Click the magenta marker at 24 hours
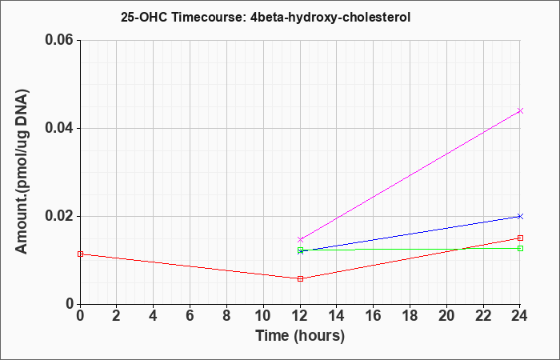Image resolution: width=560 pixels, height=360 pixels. point(520,110)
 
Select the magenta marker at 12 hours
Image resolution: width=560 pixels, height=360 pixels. point(300,239)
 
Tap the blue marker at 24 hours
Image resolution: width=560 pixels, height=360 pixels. point(520,216)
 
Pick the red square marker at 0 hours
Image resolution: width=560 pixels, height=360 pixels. point(80,254)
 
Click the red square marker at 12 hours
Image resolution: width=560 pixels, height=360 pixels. point(300,278)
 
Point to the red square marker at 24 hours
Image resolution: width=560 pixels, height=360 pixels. point(520,238)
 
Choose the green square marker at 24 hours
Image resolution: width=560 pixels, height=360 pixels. point(520,248)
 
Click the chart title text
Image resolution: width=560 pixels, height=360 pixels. point(266,17)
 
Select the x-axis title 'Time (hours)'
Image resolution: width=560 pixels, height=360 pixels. point(300,336)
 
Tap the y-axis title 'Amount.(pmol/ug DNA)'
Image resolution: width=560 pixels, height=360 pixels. point(22,171)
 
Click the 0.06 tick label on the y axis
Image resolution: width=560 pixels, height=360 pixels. point(62,40)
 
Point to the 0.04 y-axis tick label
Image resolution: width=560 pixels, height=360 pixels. point(62,128)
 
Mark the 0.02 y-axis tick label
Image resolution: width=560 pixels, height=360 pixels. point(62,216)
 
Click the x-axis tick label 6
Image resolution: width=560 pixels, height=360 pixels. point(190,316)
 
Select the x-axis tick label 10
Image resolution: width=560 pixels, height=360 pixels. point(263,316)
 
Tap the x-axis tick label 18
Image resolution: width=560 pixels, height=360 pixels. point(410,316)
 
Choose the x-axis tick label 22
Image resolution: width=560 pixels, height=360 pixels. point(483,316)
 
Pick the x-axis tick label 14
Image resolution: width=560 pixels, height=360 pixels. point(337,316)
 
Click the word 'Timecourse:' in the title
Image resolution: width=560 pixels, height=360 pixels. point(207,17)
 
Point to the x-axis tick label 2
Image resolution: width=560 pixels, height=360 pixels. point(117,316)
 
